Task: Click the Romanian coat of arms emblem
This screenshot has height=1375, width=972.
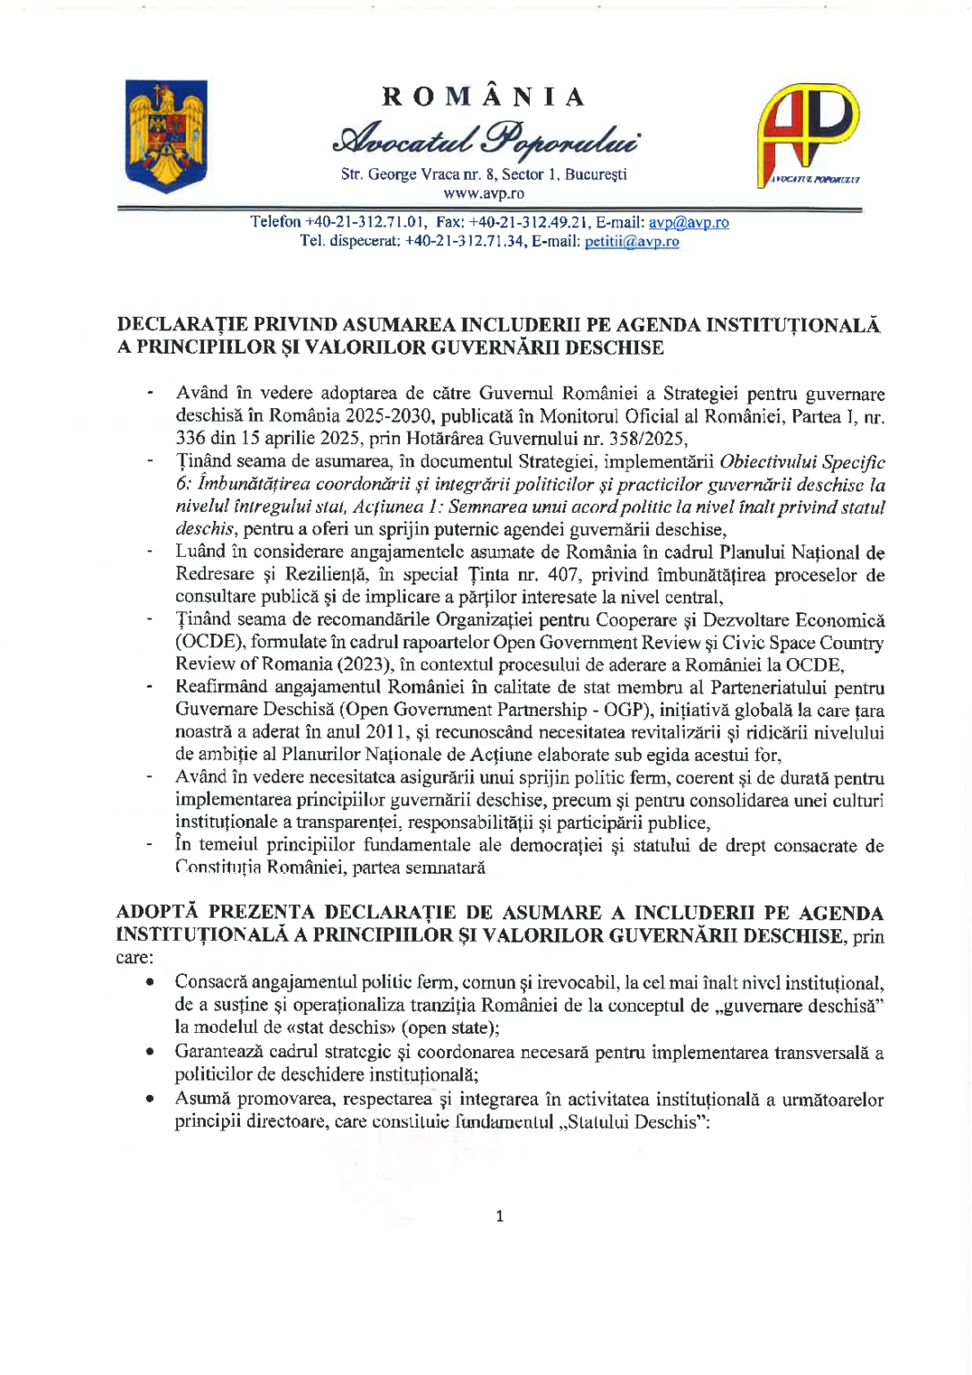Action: click(166, 135)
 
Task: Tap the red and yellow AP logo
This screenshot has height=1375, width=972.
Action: click(808, 134)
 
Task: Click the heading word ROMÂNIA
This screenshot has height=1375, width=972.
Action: click(484, 97)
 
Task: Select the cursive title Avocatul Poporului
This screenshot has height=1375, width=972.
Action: click(485, 139)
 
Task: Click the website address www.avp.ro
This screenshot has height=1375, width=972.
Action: click(484, 193)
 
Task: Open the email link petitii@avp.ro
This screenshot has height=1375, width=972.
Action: click(631, 242)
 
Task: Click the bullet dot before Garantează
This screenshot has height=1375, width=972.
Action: click(150, 1053)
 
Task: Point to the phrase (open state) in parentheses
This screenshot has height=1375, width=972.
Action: click(448, 1028)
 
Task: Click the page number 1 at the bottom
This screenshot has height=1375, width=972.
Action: click(499, 1216)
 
